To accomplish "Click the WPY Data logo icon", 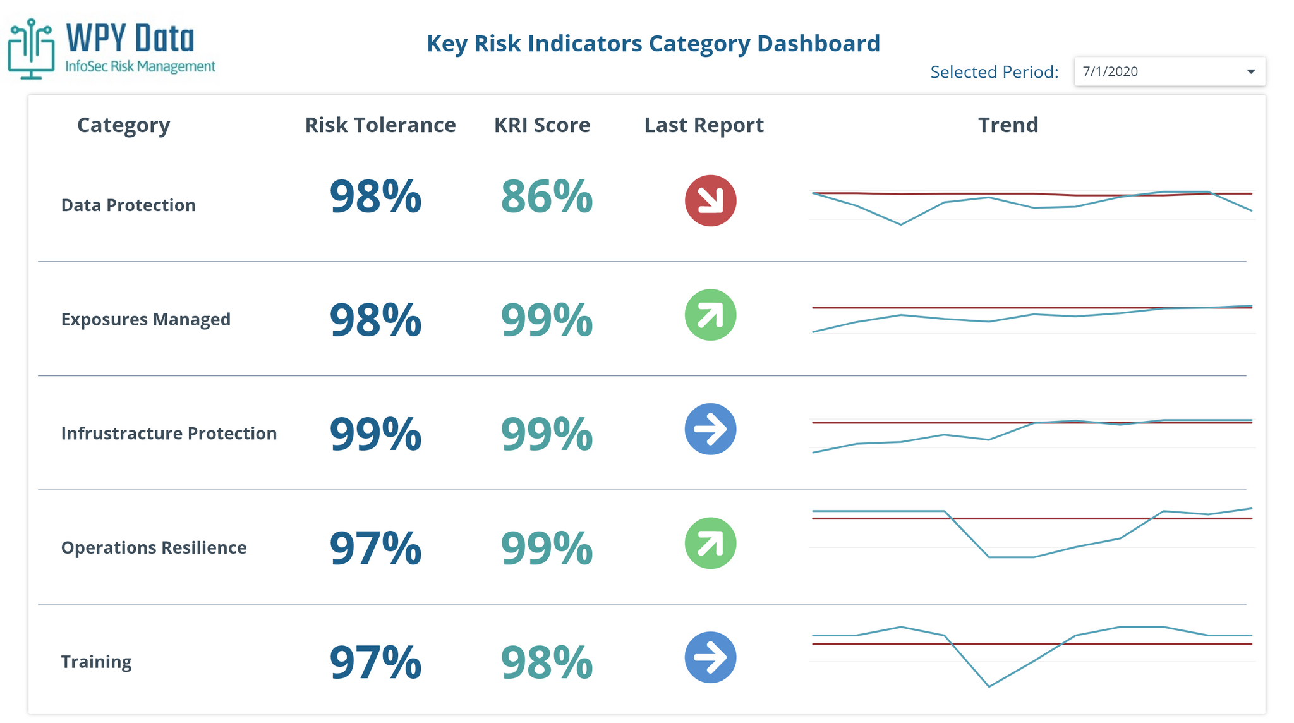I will coord(31,49).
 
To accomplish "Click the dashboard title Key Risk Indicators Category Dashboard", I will coord(653,44).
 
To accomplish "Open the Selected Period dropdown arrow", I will coord(1250,71).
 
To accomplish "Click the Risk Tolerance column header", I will coord(380,125).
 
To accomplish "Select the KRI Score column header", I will coord(541,125).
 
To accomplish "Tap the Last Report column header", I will coord(703,125).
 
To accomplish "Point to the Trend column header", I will coord(1008,125).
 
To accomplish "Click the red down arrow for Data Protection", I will coord(710,201).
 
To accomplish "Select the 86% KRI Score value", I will coord(547,197).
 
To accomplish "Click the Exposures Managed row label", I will coord(145,319).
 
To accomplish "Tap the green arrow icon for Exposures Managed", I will coord(710,315).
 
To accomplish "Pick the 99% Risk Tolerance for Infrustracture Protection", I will coord(375,434).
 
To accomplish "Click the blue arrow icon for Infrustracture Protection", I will coord(710,429).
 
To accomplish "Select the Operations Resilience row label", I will coord(154,547).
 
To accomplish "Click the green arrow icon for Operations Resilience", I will coord(710,544).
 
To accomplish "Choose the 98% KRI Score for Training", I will coord(547,662).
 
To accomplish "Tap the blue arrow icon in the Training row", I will coord(710,657).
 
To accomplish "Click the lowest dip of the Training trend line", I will coord(989,686).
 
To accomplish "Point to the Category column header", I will coord(123,125).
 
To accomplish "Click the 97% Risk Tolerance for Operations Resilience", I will coord(375,548).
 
